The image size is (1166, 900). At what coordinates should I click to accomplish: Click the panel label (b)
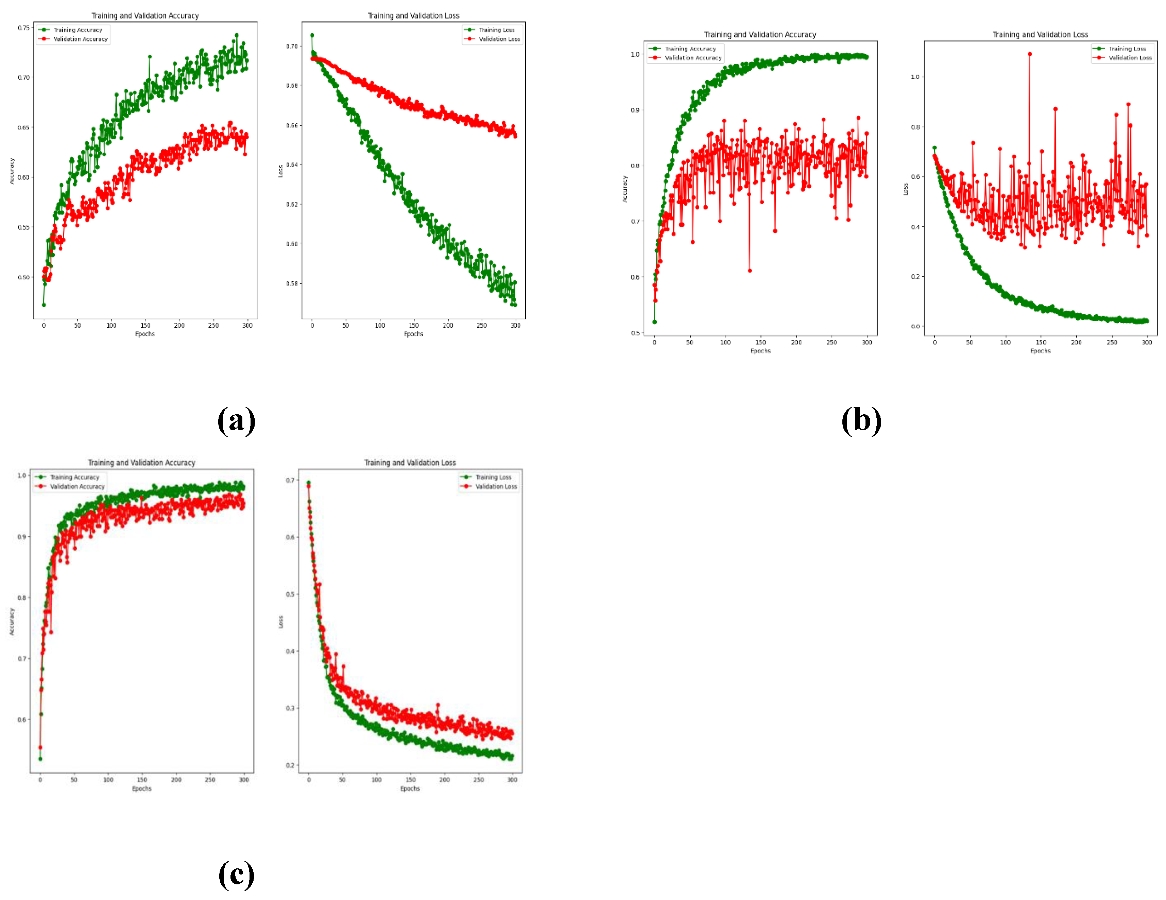pos(861,421)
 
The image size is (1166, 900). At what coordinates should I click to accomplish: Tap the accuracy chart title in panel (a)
pos(145,16)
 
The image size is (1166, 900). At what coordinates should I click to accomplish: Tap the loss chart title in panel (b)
pos(1040,34)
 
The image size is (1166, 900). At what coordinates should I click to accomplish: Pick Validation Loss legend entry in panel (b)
pos(1130,58)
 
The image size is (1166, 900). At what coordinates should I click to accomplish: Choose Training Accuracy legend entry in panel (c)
pos(74,477)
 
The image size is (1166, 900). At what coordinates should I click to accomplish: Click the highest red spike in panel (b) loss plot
pos(1029,54)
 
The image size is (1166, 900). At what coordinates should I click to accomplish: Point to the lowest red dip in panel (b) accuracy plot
pos(750,271)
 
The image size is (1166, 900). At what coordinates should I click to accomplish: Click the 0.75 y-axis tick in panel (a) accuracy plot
pos(23,27)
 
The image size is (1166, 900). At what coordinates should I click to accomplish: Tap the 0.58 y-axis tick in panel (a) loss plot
pos(292,283)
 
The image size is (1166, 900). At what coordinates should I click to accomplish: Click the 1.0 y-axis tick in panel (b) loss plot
pos(914,77)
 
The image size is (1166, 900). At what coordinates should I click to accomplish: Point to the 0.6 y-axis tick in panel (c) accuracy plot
pos(21,720)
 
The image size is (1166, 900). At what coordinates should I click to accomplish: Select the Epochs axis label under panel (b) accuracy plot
pos(760,351)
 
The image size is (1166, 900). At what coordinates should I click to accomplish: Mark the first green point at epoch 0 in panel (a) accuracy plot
pos(44,305)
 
